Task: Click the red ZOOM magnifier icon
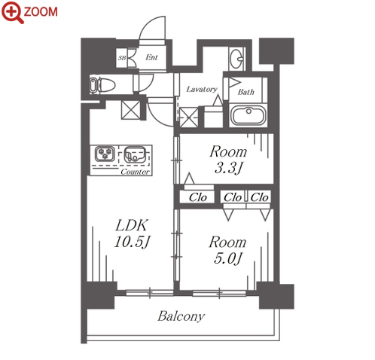12,12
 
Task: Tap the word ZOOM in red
41,12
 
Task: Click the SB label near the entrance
122,58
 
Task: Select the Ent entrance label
151,57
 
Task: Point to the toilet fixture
102,85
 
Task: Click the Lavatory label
202,89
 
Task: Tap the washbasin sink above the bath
236,59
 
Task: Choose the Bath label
246,92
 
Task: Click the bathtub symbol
248,116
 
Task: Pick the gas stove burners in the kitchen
105,154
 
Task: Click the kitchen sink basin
135,154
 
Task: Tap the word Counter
135,172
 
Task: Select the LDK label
132,225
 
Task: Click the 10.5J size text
132,242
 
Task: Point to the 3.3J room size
228,168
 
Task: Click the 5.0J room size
228,258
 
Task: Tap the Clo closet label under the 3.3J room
198,197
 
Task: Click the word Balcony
181,316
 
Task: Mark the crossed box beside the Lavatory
189,117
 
